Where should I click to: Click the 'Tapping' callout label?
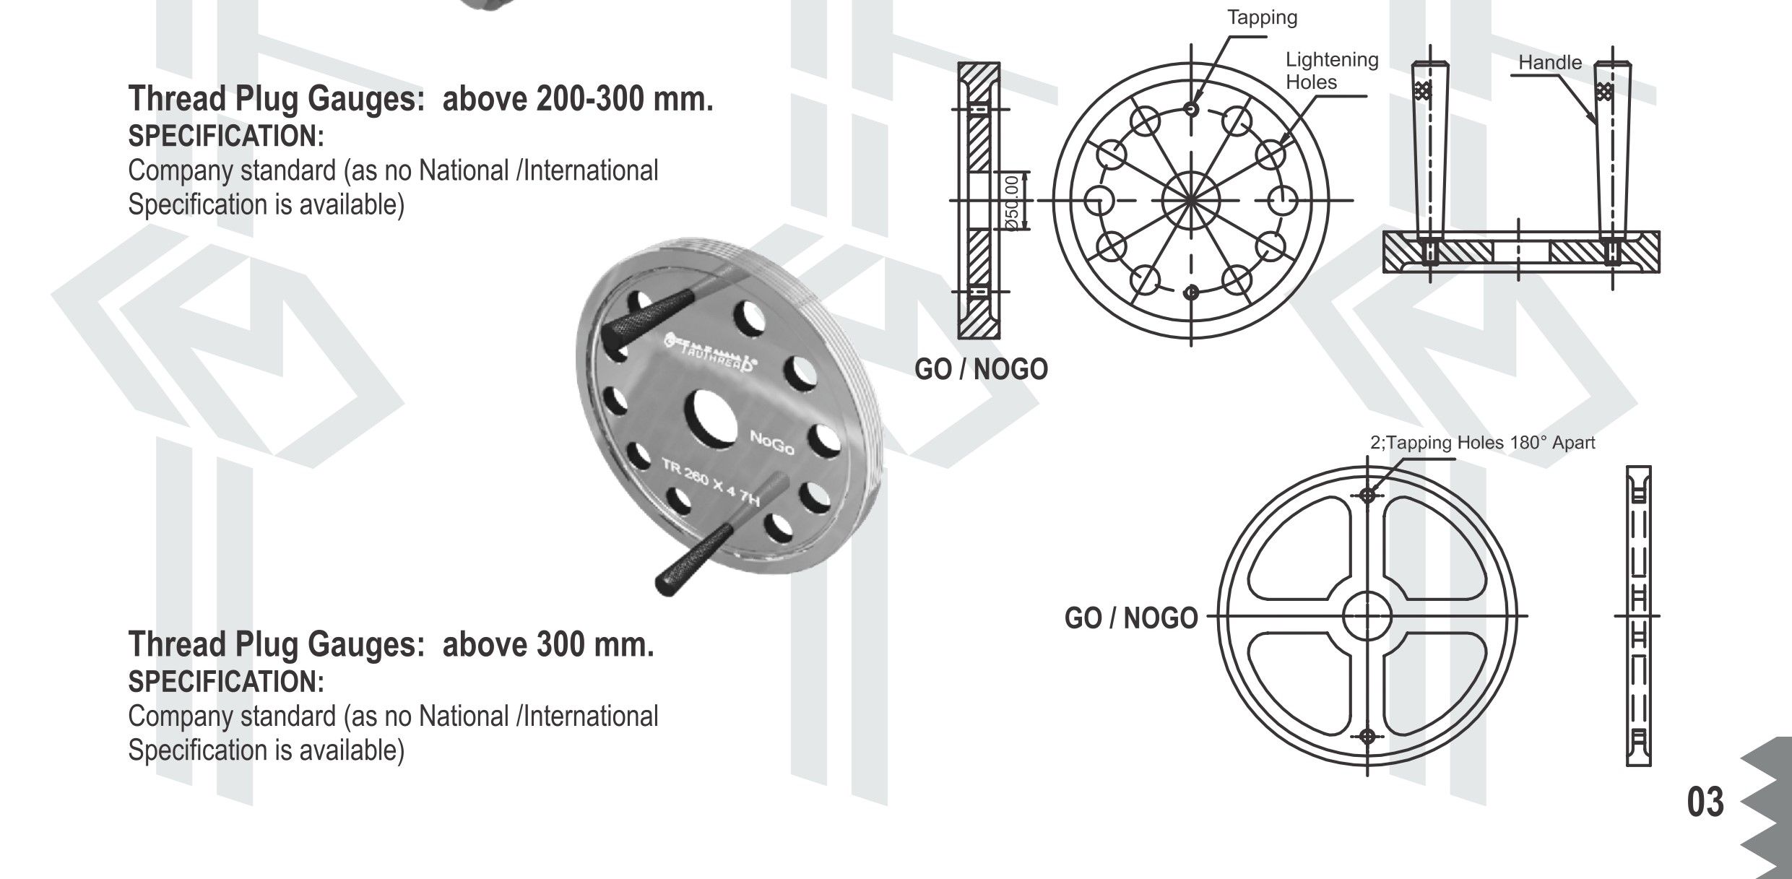(1262, 17)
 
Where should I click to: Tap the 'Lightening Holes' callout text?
(1331, 71)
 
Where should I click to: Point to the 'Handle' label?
(1549, 63)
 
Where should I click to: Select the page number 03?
(1705, 802)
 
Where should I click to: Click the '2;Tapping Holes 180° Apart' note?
(1482, 443)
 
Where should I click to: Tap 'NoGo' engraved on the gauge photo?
(772, 443)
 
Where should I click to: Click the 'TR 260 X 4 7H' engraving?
(710, 482)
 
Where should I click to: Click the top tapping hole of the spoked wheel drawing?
(1367, 495)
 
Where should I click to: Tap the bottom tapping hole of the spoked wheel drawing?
(1367, 737)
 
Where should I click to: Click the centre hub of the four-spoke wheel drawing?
(1367, 616)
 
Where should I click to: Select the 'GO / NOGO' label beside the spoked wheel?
(1130, 618)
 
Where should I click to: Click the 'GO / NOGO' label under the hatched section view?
(980, 370)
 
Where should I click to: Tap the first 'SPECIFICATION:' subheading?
(226, 136)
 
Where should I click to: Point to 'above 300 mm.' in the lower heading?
(547, 644)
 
